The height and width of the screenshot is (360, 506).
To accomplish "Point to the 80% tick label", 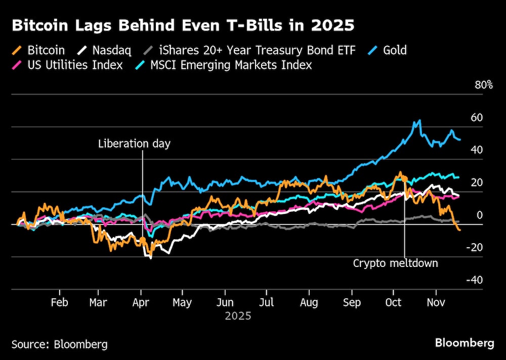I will pyautogui.click(x=484, y=85).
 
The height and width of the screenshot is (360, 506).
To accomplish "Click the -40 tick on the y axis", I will pyautogui.click(x=475, y=280).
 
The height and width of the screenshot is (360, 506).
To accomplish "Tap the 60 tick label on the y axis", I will pyautogui.click(x=477, y=117).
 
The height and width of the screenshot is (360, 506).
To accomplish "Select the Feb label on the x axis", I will pyautogui.click(x=60, y=302).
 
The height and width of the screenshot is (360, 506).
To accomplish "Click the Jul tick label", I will pyautogui.click(x=267, y=302).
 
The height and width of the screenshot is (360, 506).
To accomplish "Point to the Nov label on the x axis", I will pyautogui.click(x=436, y=302).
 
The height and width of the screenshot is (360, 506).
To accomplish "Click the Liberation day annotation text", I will pyautogui.click(x=135, y=144).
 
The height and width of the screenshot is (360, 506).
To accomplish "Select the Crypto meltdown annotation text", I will pyautogui.click(x=395, y=263).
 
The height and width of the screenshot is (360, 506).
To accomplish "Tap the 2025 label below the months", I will pyautogui.click(x=238, y=317).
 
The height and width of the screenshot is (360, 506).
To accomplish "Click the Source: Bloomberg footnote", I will pyautogui.click(x=60, y=344).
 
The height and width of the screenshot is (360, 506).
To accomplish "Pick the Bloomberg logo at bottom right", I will pyautogui.click(x=465, y=343).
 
